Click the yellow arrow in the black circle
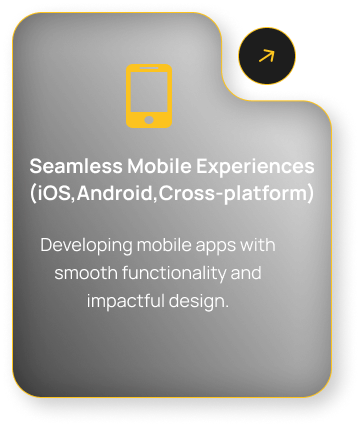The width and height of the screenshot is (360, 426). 267,56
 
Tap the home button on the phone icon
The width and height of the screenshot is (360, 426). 149,120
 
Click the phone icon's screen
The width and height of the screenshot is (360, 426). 149,92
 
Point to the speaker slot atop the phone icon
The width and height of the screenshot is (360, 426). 149,68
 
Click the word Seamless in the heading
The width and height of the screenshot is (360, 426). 76,166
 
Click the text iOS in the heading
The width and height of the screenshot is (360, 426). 54,193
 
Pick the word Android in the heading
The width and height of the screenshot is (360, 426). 115,193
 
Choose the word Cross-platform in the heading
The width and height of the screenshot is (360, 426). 233,193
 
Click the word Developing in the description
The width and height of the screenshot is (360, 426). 86,246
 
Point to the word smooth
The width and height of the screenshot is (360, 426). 86,273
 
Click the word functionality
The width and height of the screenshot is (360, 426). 174,274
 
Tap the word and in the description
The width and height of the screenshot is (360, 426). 246,273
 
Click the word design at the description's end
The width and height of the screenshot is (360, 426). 196,302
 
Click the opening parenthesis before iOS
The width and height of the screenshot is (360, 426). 33,194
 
